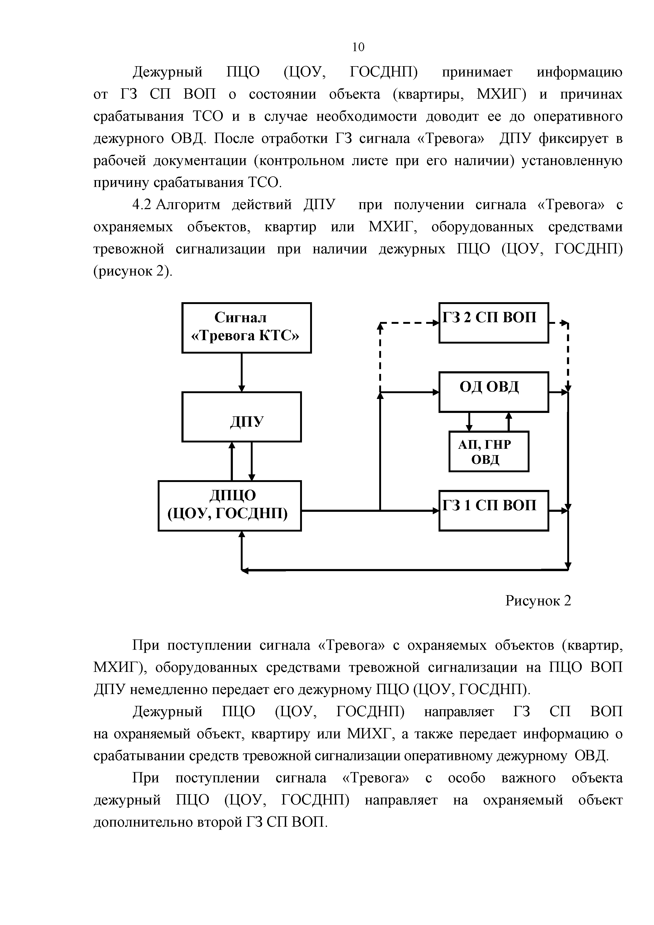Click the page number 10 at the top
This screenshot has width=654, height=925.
358,47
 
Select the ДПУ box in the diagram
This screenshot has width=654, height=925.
241,417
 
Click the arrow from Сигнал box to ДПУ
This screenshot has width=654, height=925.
241,373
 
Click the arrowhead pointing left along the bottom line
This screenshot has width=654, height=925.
245,570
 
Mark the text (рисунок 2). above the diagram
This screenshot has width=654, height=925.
133,272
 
